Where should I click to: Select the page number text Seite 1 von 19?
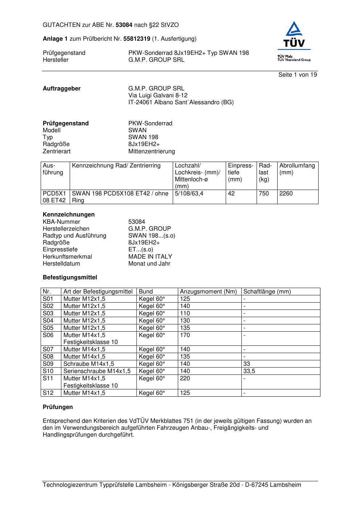coord(298,75)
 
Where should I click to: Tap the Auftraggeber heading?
coord(62,89)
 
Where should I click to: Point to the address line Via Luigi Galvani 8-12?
coord(158,96)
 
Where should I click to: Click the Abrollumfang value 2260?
coord(286,194)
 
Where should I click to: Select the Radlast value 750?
coord(264,194)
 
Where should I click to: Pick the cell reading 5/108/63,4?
coord(189,194)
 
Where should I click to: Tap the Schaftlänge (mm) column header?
coord(267,292)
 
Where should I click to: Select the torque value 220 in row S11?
coord(185,379)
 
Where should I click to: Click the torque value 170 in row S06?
coord(185,335)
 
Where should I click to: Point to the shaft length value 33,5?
coord(249,371)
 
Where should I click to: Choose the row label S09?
coord(48,364)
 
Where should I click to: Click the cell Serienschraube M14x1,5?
coord(97,371)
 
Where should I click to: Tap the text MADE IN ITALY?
coord(150,257)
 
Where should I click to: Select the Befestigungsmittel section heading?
coord(70,278)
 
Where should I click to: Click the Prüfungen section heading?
coord(58,407)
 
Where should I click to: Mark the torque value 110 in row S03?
coord(185,313)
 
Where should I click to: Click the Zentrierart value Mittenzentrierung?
coord(152,151)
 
